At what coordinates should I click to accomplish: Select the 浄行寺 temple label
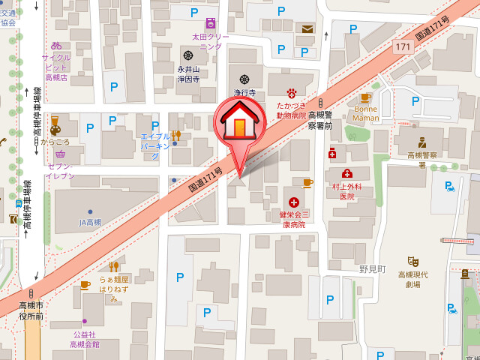[x=244, y=92]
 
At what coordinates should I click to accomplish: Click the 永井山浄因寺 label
[x=188, y=73]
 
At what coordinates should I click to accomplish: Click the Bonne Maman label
[x=365, y=113]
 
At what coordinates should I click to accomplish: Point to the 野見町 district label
[x=371, y=268]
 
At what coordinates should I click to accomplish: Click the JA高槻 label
[x=90, y=223]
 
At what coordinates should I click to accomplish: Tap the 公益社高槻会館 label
[x=84, y=339]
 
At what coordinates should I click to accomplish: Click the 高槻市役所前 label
[x=31, y=310]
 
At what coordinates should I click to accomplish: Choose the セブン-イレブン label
[x=60, y=170]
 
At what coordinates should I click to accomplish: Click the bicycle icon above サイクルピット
[x=56, y=45]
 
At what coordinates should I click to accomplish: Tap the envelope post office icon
[x=307, y=29]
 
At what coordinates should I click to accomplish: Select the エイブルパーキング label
[x=156, y=145]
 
